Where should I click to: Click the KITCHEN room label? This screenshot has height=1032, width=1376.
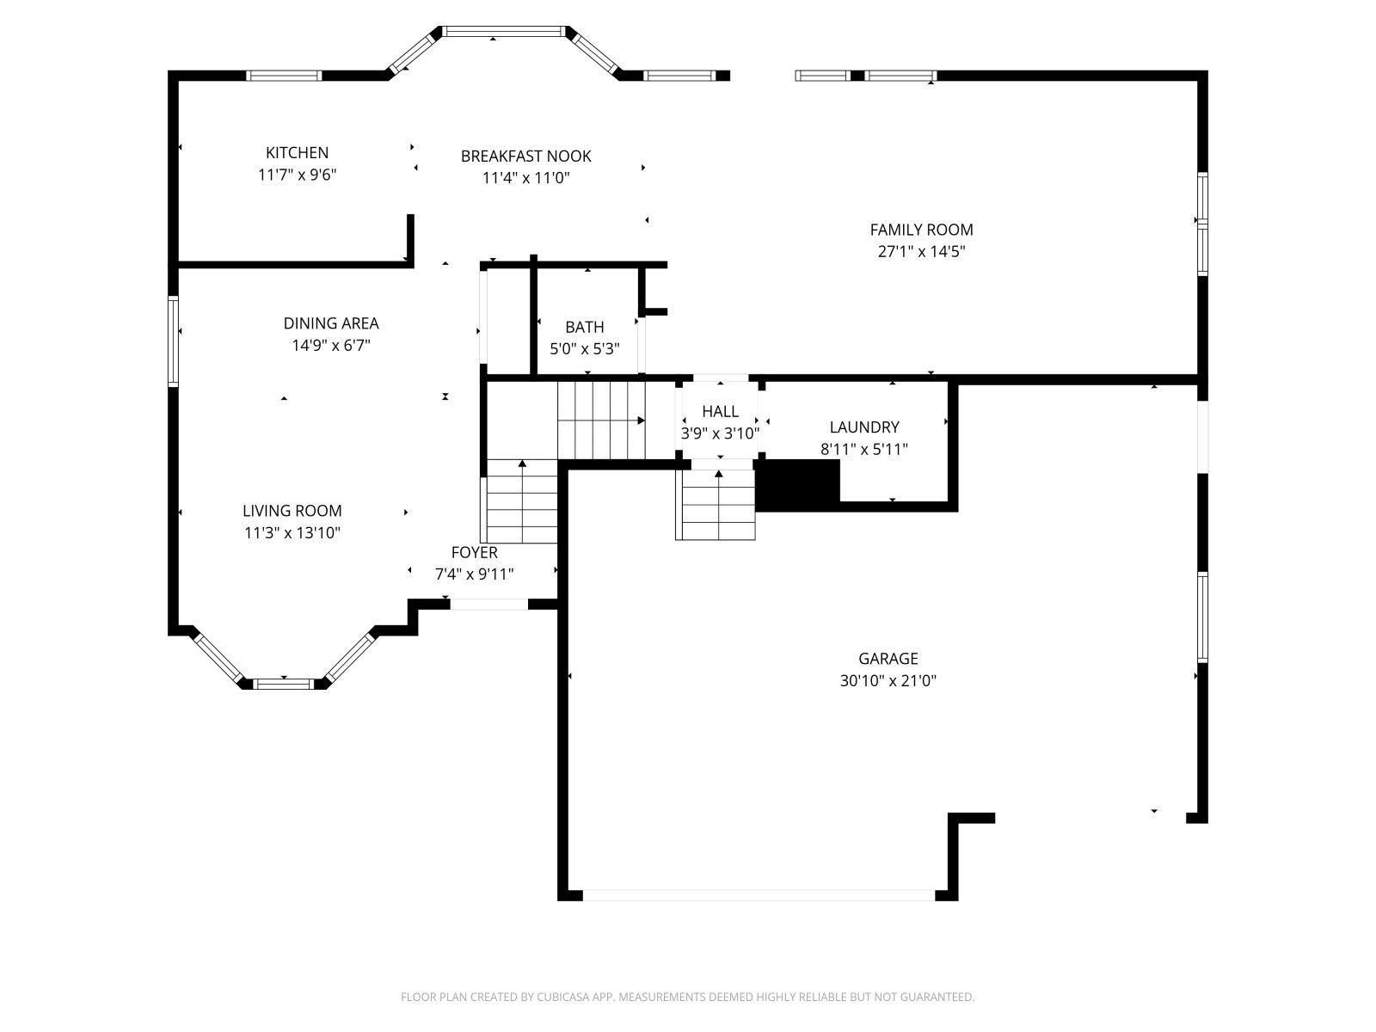coord(297,153)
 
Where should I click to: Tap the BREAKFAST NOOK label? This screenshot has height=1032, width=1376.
coord(526,156)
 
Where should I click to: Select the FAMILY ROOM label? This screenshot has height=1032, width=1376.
coord(921,230)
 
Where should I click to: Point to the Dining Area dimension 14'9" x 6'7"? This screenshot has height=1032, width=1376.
coord(331,345)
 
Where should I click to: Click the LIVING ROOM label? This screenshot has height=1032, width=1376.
coord(292,511)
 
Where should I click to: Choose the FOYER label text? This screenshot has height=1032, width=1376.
coord(475,553)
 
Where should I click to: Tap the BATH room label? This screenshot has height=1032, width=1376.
coord(585,327)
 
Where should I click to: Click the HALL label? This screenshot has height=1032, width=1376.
coord(721,412)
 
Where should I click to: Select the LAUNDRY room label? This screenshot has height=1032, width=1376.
coord(864,427)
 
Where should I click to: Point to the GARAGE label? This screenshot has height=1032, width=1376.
coord(888,659)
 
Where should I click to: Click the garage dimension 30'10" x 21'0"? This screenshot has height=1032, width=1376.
coord(888,680)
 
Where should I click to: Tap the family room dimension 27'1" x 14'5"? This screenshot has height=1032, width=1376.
coord(921,252)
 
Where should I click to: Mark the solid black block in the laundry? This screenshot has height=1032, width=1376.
coord(797,486)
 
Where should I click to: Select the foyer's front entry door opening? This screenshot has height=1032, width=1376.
coord(489,604)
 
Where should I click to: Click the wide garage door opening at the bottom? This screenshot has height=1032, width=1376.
coord(759,895)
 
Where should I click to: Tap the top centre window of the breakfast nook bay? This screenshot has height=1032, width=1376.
coord(504,31)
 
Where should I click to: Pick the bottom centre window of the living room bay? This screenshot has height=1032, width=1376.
coord(283,684)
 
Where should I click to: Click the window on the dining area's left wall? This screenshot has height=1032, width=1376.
coord(173,341)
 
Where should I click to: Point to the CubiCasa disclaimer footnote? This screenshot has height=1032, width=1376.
coord(688,996)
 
